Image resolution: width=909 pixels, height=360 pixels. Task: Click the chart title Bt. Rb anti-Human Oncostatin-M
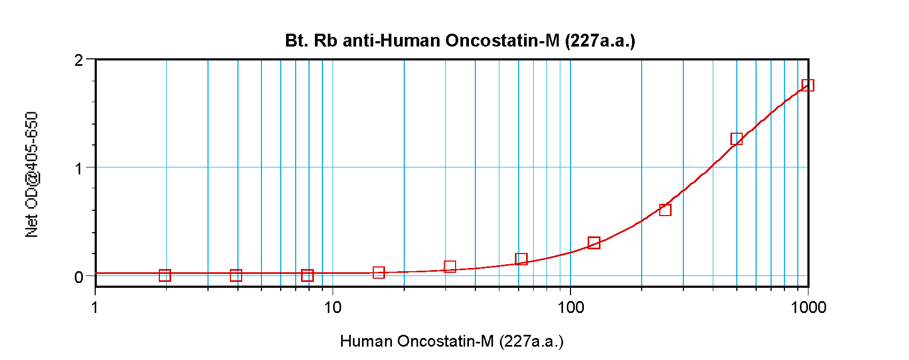[460, 41]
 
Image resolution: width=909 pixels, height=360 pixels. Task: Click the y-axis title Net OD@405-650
[32, 174]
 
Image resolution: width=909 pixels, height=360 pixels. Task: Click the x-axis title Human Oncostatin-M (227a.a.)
[452, 341]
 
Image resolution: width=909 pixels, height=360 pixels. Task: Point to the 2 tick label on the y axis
[79, 60]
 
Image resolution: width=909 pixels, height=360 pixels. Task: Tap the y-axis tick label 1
[79, 168]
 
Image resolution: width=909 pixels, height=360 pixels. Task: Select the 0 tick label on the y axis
[79, 277]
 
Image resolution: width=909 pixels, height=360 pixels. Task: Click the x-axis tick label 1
[95, 308]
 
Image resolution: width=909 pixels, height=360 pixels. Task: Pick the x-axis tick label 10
[333, 308]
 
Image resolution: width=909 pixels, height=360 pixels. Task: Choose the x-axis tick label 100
[571, 308]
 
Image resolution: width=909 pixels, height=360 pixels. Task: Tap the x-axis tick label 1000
[808, 308]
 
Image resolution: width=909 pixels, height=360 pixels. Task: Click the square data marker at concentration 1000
[808, 85]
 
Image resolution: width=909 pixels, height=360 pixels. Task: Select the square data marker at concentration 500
[736, 139]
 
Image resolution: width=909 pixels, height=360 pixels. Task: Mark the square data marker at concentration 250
[665, 210]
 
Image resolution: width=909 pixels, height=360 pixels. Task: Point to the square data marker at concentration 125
[594, 243]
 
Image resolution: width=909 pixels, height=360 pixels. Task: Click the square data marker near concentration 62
[521, 259]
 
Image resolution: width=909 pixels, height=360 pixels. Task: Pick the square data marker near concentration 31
[450, 266]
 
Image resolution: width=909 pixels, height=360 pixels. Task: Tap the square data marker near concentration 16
[379, 273]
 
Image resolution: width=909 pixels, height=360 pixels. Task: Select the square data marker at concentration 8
[307, 275]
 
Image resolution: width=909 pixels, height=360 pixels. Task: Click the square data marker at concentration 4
[236, 275]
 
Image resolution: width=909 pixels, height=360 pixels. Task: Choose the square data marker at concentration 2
[165, 275]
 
